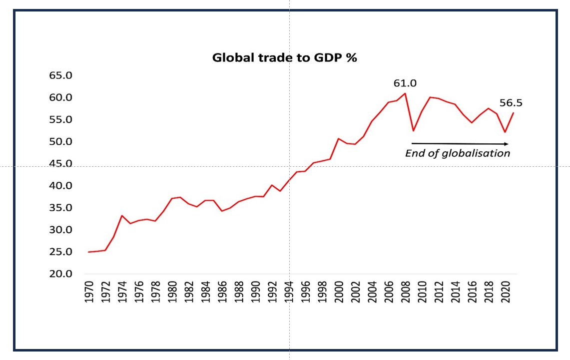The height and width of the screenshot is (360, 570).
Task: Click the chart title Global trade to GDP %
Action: [x=284, y=57]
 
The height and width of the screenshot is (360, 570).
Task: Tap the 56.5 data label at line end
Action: [x=511, y=103]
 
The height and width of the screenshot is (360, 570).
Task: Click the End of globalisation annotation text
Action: [x=458, y=153]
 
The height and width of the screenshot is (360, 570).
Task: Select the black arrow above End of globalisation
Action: [x=460, y=144]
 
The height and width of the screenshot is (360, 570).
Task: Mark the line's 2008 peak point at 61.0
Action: [x=405, y=93]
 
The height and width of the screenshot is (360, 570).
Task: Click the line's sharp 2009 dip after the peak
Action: [x=413, y=131]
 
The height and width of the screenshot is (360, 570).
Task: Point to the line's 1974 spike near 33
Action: [x=122, y=216]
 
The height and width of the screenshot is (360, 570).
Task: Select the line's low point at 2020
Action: [x=505, y=132]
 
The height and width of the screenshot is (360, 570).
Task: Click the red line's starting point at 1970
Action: [x=89, y=252]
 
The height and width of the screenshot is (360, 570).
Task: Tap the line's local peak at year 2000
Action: [x=339, y=138]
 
